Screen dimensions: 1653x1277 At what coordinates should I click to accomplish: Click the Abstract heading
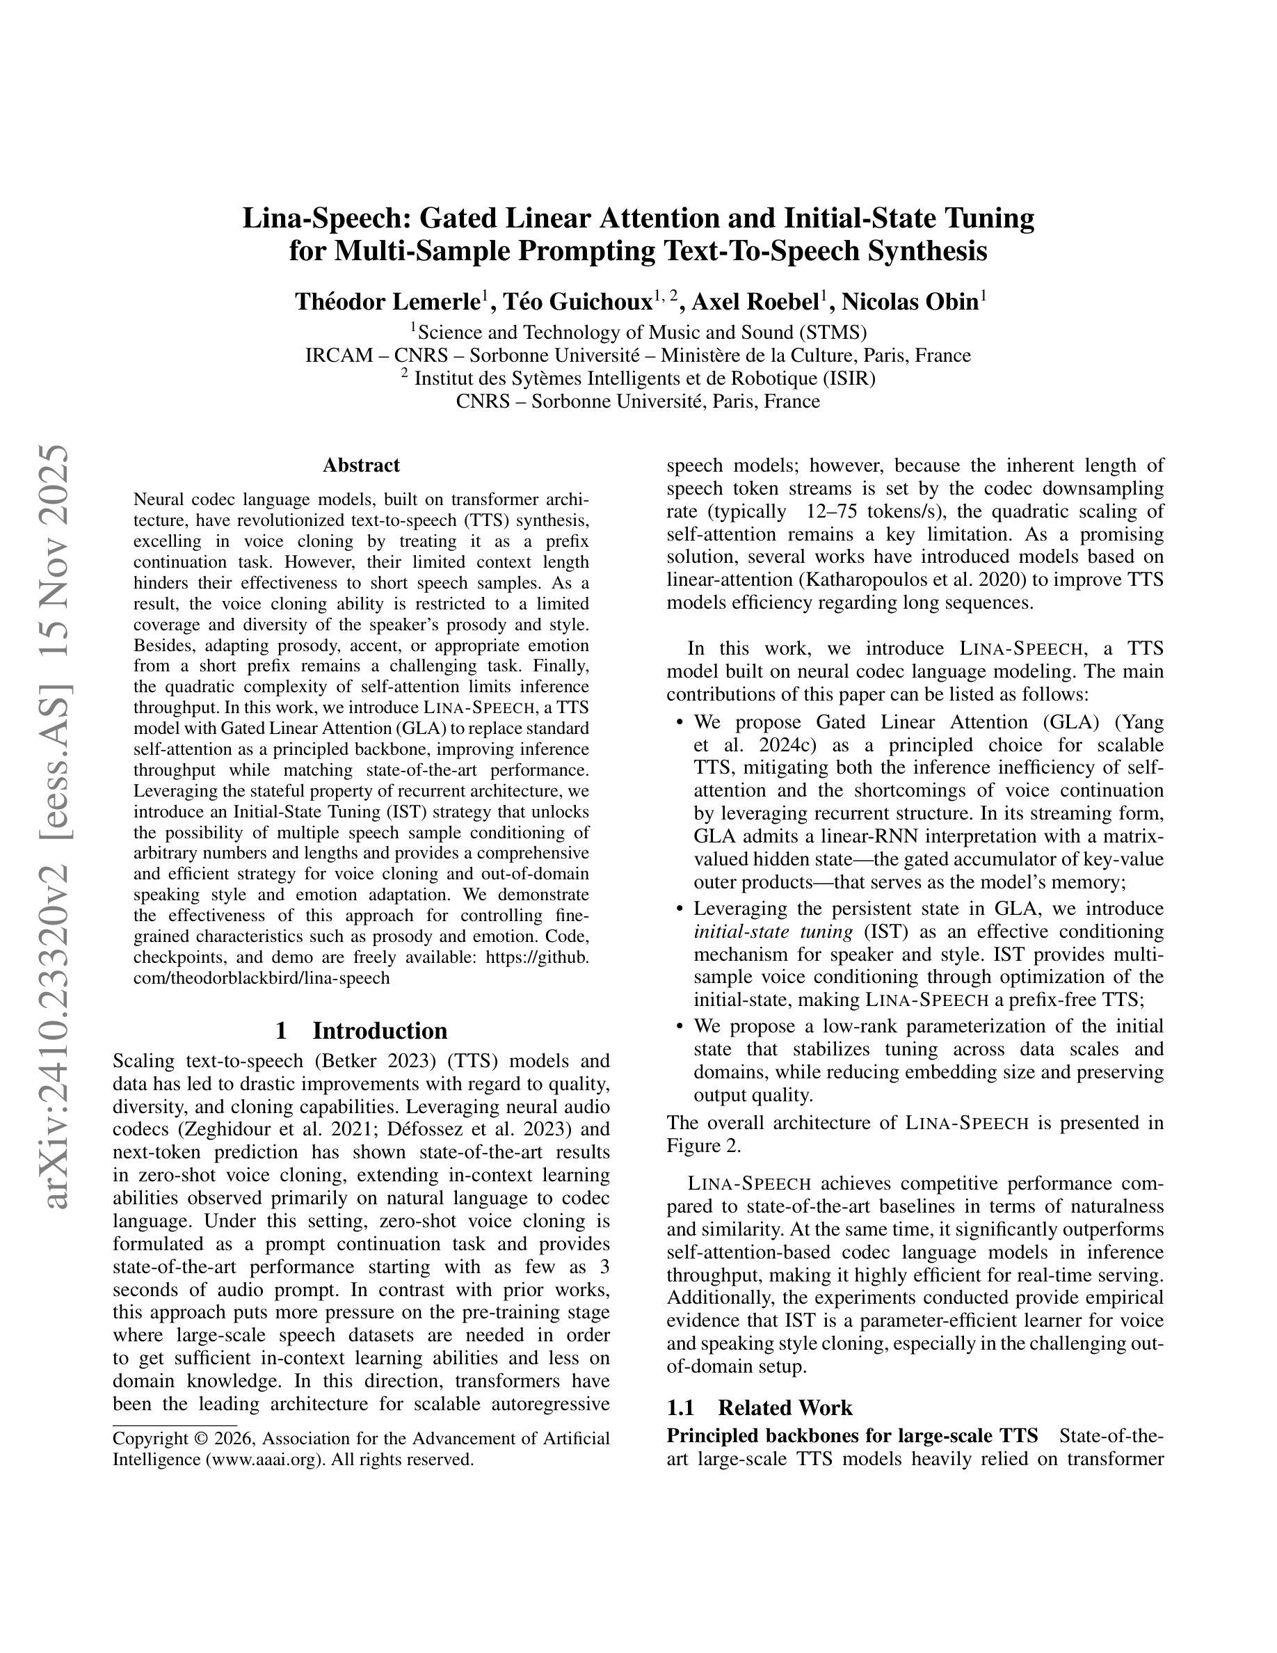(361, 465)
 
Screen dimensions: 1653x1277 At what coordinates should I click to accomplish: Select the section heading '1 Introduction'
(361, 1030)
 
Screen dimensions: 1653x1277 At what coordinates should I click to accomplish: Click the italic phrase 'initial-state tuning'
(773, 931)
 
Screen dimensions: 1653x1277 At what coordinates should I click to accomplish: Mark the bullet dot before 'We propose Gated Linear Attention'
(680, 723)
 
